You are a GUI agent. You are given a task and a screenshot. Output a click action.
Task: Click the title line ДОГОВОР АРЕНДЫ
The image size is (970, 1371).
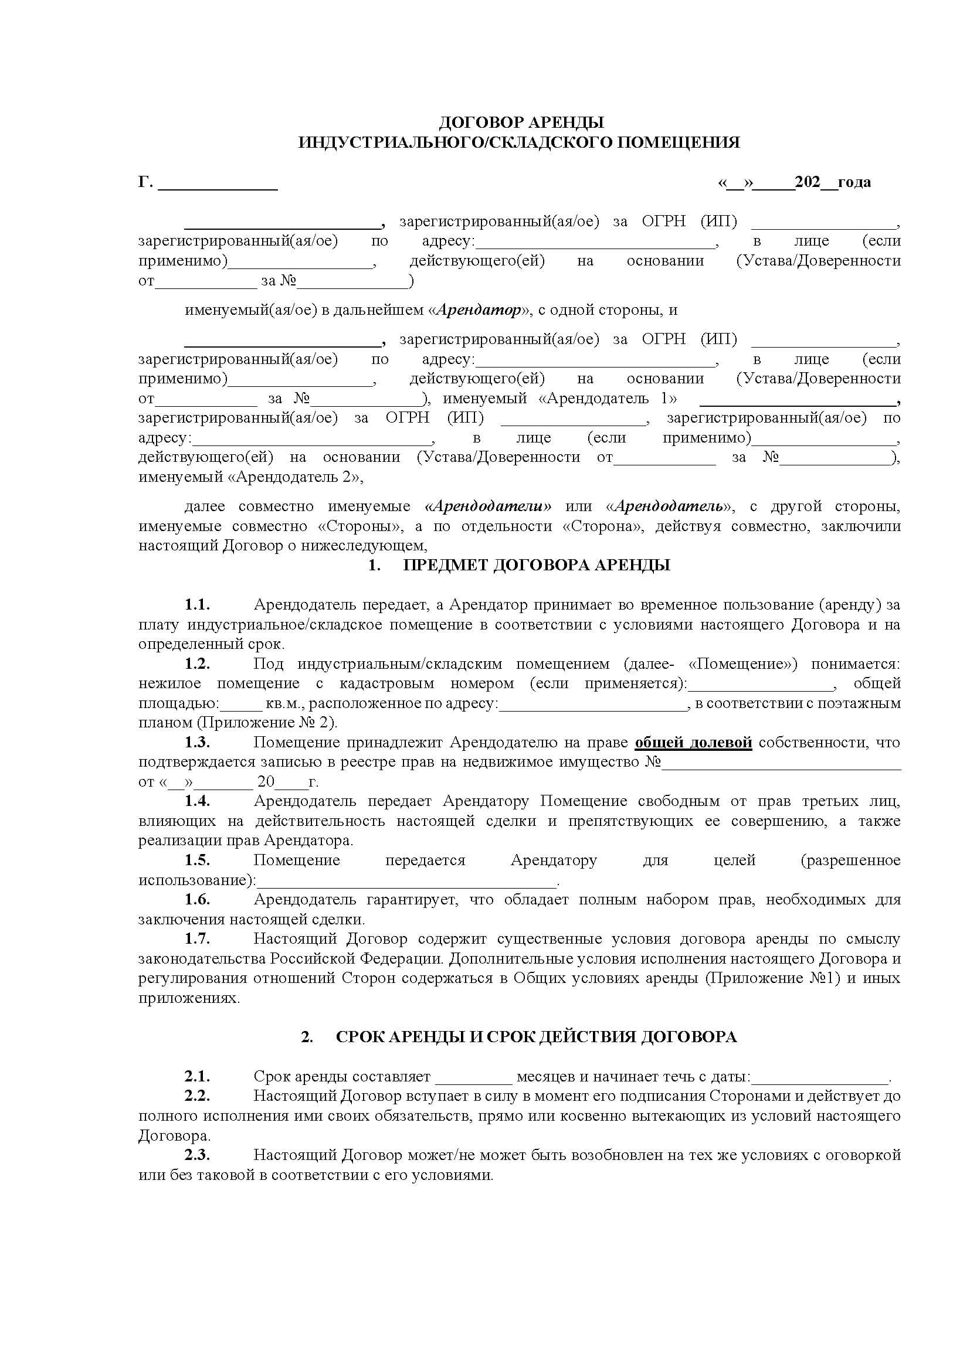pos(521,123)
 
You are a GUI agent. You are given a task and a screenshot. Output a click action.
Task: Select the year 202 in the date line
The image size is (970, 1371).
pos(808,182)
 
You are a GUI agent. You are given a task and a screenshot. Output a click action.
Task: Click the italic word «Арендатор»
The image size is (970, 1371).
pos(479,310)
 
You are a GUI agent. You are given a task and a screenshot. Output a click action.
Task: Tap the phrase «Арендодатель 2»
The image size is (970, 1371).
pos(294,477)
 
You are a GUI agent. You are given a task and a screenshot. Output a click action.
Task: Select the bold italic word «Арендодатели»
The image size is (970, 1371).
pos(488,506)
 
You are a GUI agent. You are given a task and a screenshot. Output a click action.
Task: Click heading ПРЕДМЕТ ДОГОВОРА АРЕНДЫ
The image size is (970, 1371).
pos(537,565)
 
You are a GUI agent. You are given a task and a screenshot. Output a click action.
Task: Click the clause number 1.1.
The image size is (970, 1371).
pos(197,604)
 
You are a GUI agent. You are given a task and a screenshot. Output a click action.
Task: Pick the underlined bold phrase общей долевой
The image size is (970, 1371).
pos(693,742)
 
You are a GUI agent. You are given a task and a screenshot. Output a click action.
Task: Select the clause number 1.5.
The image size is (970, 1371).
pos(197,860)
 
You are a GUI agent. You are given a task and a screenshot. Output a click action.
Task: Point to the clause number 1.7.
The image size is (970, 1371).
pos(197,938)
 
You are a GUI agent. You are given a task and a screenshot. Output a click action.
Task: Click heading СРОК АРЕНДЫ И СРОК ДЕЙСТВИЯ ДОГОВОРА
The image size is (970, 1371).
pos(536,1037)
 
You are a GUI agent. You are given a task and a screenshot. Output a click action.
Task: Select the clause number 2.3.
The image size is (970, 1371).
pos(197,1155)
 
